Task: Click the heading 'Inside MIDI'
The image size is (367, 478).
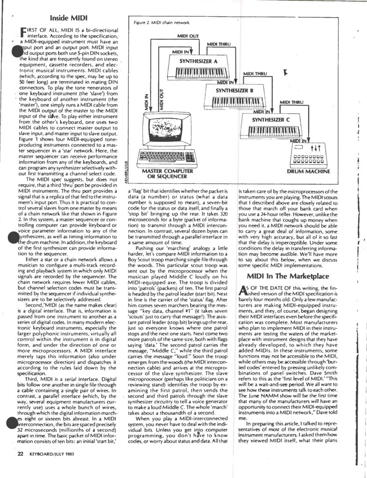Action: coord(66,19)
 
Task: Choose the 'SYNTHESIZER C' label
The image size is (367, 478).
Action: coord(271,120)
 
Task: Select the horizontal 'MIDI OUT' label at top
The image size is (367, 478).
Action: coord(188,35)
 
